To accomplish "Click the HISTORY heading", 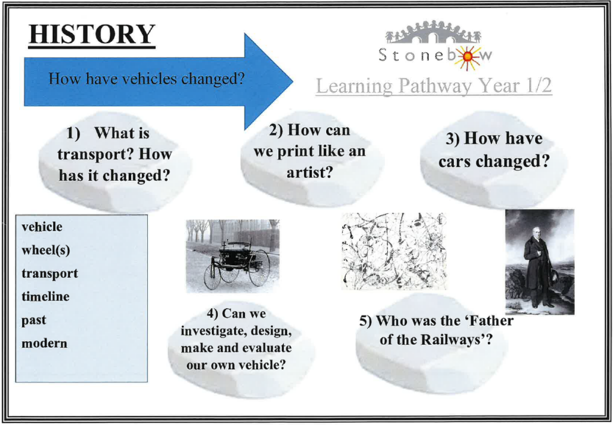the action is click(92, 34).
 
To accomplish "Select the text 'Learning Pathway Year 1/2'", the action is click(433, 86).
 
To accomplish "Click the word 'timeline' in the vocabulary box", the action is click(45, 296).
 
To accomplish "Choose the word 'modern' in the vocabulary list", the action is click(44, 343).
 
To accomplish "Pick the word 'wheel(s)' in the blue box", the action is click(45, 250).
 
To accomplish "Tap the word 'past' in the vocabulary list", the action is click(34, 320).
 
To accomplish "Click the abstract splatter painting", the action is click(393, 251).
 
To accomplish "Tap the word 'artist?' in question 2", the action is click(309, 172).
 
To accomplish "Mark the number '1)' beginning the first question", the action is click(73, 133).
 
